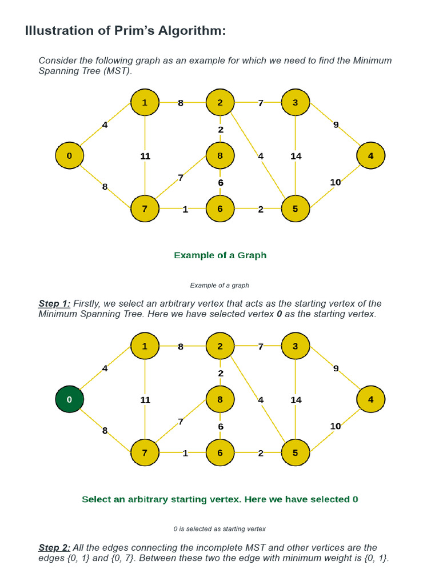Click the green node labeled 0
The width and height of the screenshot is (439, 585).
coord(69,399)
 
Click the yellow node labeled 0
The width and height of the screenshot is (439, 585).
coord(69,155)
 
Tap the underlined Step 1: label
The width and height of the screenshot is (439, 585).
coord(54,303)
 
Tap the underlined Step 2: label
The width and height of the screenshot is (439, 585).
coord(54,547)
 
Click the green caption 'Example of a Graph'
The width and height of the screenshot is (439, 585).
coord(220,255)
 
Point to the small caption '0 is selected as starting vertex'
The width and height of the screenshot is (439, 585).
coord(219,529)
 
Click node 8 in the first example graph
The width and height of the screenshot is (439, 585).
coord(220,155)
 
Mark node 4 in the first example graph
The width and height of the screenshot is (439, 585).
coord(370,155)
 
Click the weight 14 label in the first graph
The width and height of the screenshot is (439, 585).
coord(296,156)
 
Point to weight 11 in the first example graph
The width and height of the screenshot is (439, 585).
coord(145,156)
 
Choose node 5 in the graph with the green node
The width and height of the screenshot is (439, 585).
coord(296,453)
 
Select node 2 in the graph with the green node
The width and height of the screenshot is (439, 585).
coord(220,346)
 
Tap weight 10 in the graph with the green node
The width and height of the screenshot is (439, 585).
coord(336,426)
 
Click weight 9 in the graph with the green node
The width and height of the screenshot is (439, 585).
coord(336,368)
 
